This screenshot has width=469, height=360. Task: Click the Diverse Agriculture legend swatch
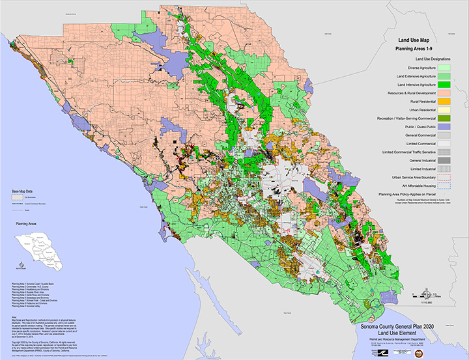[x=446, y=67]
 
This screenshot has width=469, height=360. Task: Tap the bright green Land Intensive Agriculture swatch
[x=446, y=85]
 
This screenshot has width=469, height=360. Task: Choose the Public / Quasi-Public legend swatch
[x=446, y=127]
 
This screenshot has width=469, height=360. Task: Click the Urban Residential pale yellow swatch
[x=446, y=110]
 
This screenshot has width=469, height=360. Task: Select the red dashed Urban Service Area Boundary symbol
[x=446, y=177]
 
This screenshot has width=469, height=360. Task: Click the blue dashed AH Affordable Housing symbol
[x=446, y=186]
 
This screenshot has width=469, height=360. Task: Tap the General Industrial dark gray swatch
[x=446, y=160]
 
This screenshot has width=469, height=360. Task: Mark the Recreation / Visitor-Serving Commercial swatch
[x=446, y=118]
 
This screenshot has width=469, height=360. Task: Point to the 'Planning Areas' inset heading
[x=26, y=223]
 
